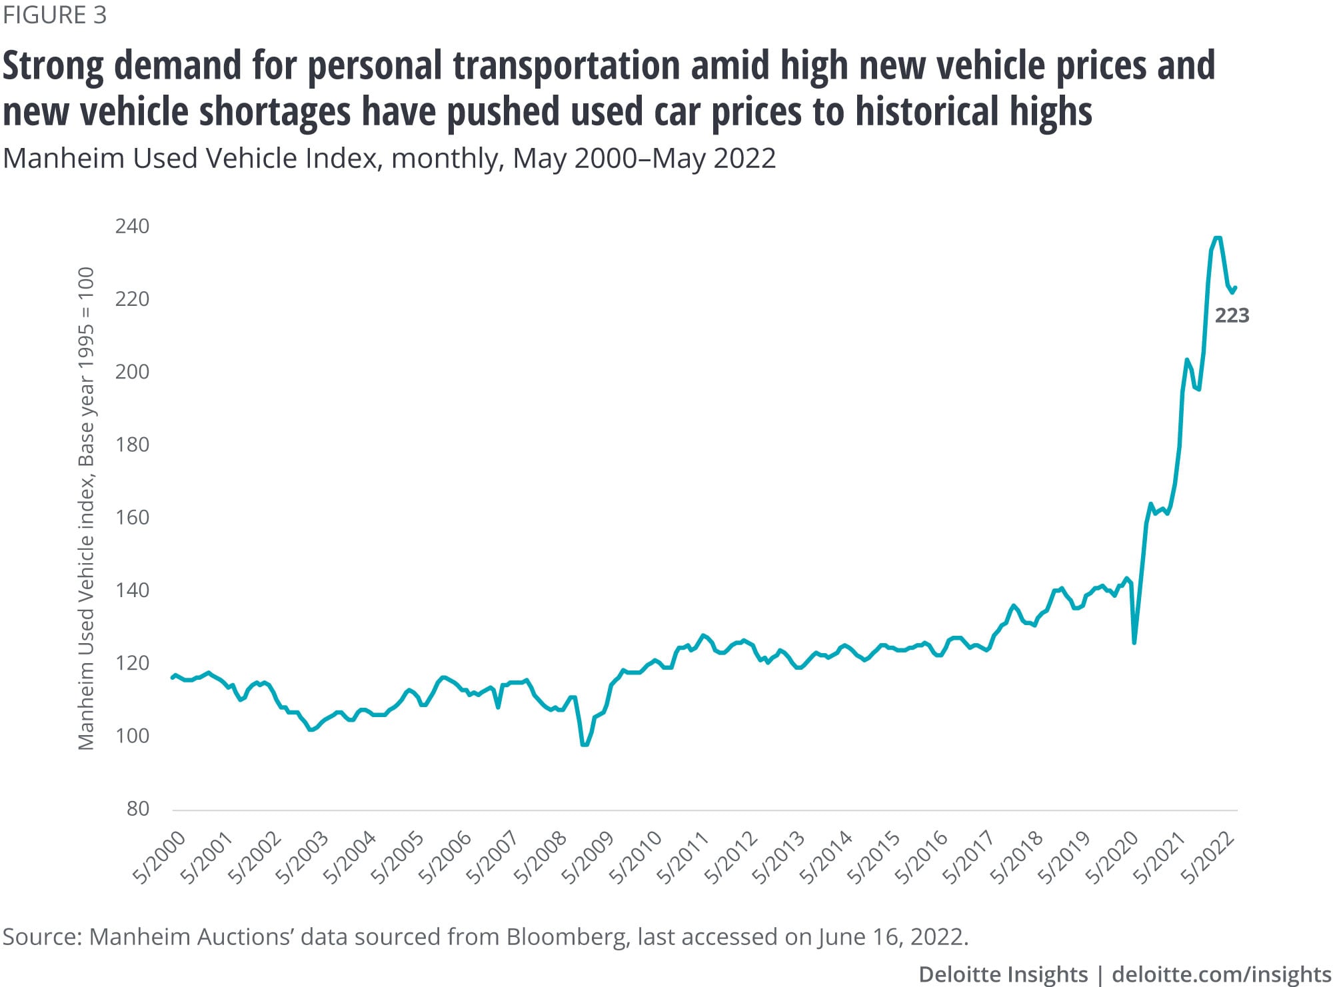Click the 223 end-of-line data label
pos(1232,315)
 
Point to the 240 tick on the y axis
pos(132,227)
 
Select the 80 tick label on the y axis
pos(138,809)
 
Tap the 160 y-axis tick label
pos(132,518)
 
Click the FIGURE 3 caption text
pos(55,15)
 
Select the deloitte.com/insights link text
pos(1221,974)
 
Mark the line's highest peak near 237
pos(1217,237)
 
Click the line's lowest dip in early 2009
pos(585,744)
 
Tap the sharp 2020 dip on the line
pos(1134,642)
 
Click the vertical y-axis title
pos(86,508)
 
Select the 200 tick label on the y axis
pos(132,372)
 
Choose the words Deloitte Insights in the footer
pos(1002,974)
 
